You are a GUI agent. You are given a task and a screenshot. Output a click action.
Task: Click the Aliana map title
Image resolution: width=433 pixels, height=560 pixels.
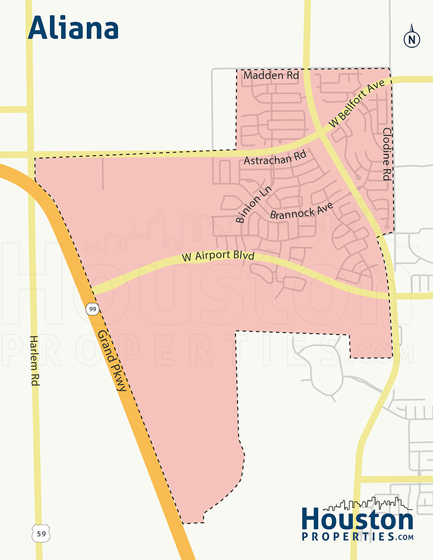pos(73,28)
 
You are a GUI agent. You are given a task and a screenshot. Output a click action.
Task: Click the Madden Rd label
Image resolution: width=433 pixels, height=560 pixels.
pos(271,76)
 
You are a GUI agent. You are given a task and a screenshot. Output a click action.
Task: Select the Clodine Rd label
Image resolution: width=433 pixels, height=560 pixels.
pos(386,154)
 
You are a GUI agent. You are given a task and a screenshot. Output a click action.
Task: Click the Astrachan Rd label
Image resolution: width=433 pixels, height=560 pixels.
pos(275,160)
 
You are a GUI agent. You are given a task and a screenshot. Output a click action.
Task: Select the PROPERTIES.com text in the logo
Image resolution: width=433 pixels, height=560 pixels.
pos(357,537)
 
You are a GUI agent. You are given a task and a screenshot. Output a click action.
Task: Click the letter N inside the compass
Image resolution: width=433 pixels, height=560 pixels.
pos(412,39)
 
